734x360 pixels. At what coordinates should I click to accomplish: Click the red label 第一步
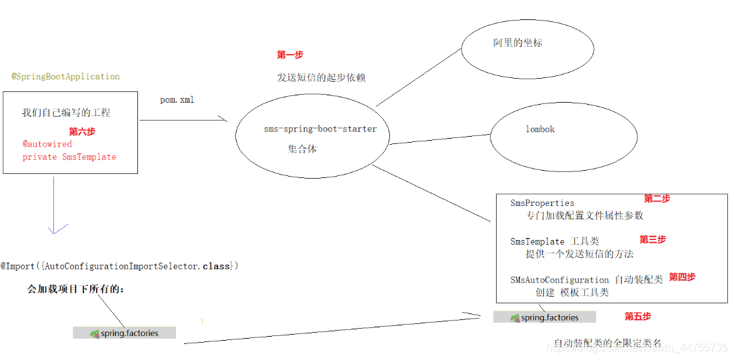point(290,55)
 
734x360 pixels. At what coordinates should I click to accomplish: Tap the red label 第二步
point(657,199)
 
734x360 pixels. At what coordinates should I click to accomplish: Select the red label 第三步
point(653,239)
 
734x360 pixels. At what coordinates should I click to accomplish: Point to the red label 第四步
point(682,277)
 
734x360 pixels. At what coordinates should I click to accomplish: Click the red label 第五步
point(637,316)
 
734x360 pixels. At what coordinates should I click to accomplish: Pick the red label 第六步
point(82,131)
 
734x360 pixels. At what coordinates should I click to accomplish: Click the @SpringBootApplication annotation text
point(65,77)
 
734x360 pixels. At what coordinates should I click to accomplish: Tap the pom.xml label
point(177,99)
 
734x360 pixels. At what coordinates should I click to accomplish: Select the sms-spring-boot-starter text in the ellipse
point(320,129)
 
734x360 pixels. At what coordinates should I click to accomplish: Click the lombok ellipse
point(540,129)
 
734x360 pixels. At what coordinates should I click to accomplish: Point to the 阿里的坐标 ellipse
point(527,48)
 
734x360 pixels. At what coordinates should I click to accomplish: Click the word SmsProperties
point(542,203)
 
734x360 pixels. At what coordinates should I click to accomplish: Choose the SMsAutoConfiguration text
point(559,280)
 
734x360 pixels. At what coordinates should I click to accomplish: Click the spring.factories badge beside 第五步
point(545,317)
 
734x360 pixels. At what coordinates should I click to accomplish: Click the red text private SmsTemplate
point(69,157)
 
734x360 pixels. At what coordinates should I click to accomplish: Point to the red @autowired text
point(47,144)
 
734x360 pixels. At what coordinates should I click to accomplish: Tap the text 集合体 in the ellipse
point(302,149)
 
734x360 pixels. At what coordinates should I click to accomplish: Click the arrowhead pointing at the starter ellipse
point(224,120)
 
